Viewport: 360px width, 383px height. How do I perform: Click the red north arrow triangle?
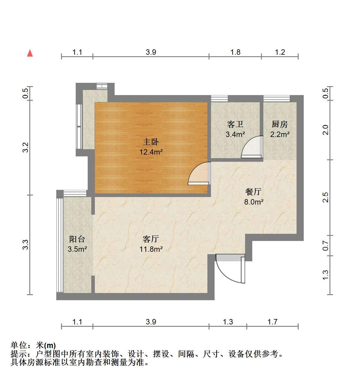point(30,53)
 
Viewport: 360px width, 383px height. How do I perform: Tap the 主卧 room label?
point(151,142)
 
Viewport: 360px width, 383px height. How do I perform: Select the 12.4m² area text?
point(151,152)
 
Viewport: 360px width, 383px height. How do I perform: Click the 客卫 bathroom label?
point(235,124)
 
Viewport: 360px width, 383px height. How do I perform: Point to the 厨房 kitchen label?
point(280,124)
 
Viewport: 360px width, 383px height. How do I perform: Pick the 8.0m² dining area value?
point(254,202)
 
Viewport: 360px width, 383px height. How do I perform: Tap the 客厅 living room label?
point(151,239)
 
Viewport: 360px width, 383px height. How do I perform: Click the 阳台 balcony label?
point(77,239)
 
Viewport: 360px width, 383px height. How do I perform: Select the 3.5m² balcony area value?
point(77,249)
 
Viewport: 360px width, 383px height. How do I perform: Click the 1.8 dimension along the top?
point(236,52)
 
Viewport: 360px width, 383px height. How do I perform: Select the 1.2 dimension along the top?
point(280,52)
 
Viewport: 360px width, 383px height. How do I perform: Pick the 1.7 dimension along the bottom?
point(272,322)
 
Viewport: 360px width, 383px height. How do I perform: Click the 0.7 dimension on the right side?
point(326,245)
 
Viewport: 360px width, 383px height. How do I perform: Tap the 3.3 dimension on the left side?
point(25,245)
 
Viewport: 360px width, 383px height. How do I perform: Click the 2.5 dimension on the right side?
point(326,197)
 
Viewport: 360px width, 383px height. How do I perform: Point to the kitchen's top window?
point(277,98)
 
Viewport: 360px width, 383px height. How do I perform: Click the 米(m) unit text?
point(46,345)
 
